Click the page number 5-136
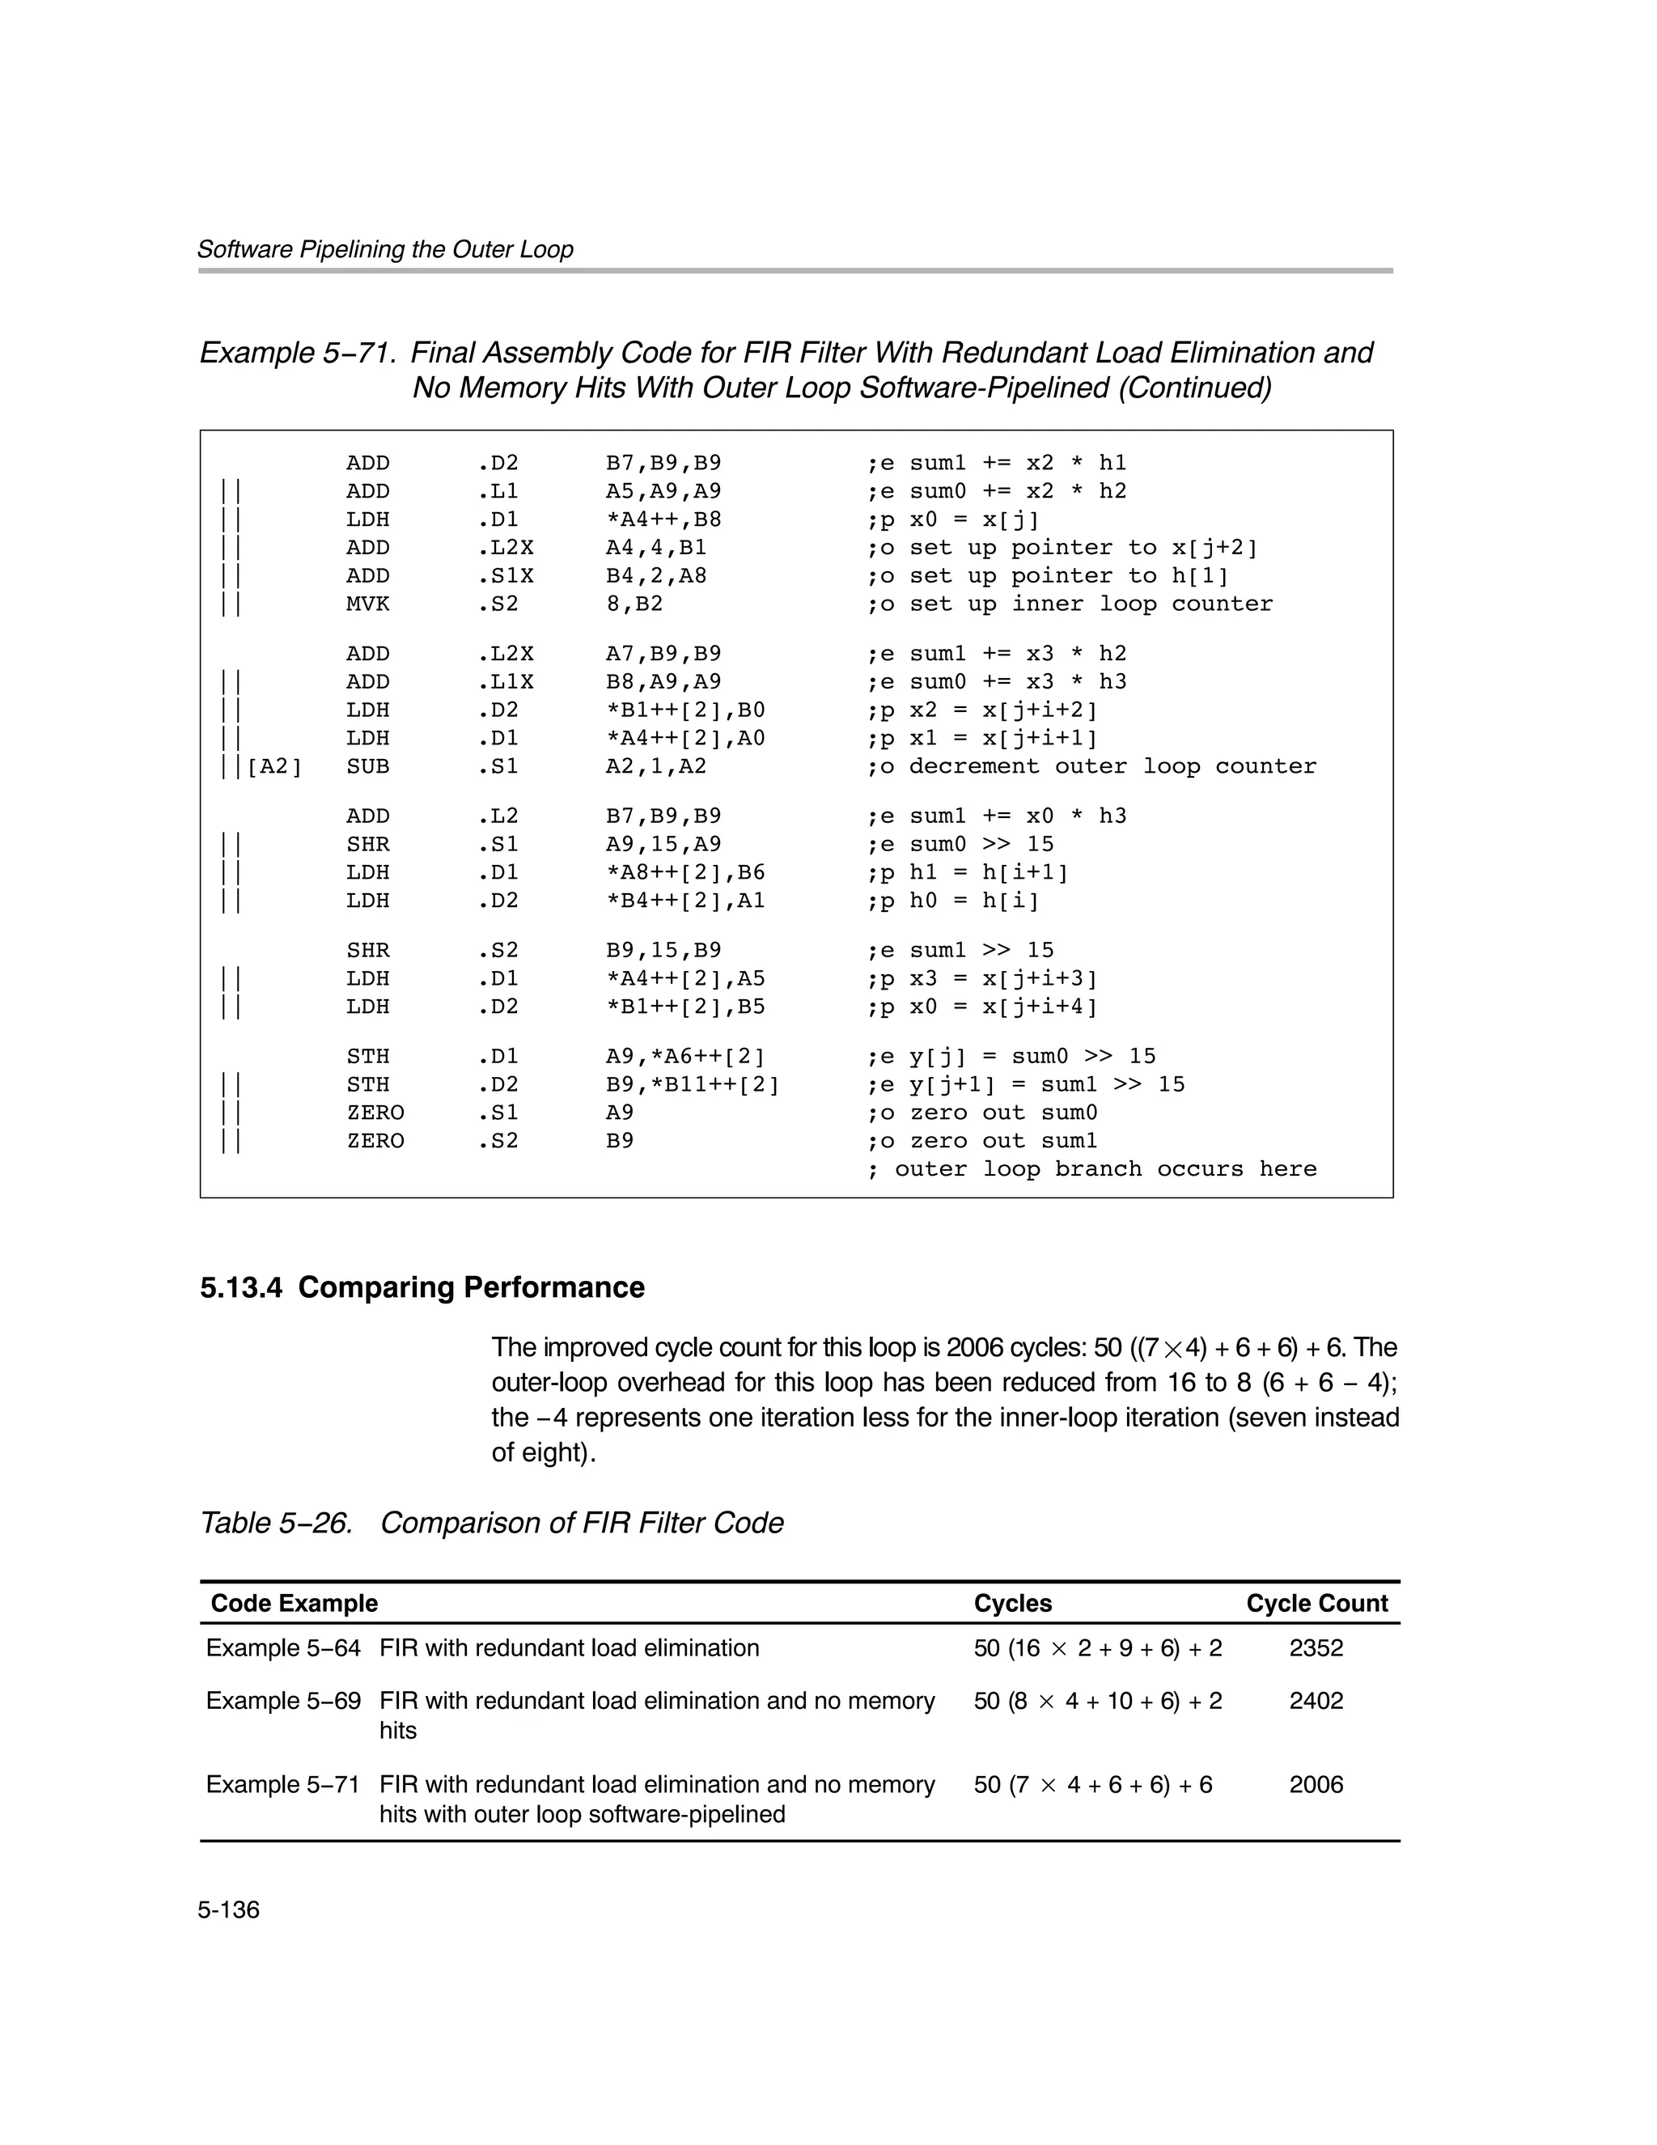coord(228,1910)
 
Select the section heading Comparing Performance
coord(422,1287)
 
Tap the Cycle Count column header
coord(1316,1603)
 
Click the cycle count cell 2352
coord(1316,1648)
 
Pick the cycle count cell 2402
coord(1316,1701)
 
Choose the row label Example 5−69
coord(283,1701)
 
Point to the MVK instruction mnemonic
coord(367,604)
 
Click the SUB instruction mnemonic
coord(367,766)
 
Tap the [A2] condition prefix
coord(274,766)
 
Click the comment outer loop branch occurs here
coord(1091,1168)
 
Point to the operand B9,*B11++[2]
coord(692,1084)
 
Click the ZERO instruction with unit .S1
coord(375,1113)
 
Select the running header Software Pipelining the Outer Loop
coord(385,249)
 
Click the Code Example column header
coord(294,1603)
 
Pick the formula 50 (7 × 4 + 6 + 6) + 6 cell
coord(1092,1785)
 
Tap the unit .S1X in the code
coord(505,575)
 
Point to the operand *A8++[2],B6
coord(684,872)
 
